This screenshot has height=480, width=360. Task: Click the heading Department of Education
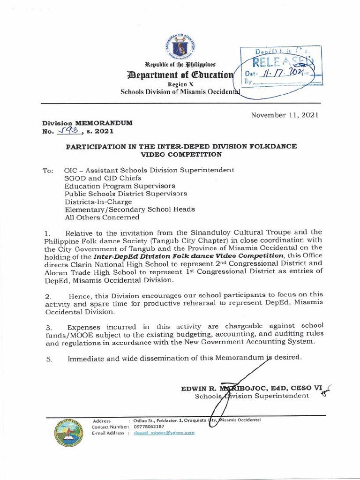coord(180,75)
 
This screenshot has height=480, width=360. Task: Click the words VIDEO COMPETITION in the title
coord(181,154)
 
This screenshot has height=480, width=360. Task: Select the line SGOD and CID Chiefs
coord(103,178)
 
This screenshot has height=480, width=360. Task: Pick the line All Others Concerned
coord(102,217)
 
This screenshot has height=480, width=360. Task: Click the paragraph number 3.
coord(47,327)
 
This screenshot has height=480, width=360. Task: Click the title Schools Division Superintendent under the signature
coord(252,397)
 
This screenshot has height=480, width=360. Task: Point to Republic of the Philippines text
coord(180,64)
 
